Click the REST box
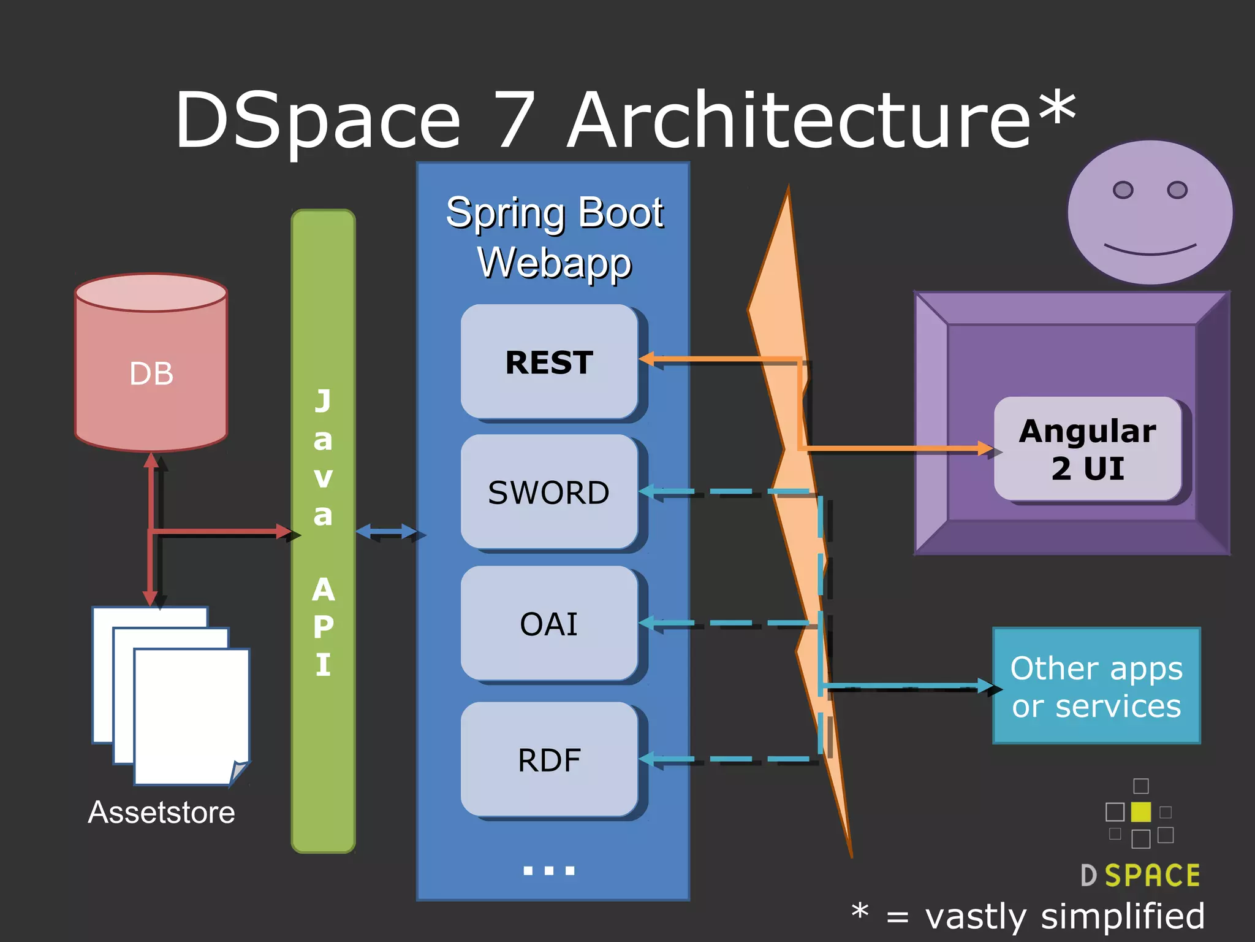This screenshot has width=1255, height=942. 549,362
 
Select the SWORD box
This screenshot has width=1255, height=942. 549,492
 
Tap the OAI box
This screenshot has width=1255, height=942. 549,624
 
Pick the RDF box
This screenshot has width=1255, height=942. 549,760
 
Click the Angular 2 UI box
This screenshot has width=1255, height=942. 1088,449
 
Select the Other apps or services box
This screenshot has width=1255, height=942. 1096,686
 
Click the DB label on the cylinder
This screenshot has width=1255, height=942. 151,373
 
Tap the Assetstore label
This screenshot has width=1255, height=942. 161,812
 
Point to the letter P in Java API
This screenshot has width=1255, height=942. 324,627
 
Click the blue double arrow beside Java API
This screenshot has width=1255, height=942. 386,532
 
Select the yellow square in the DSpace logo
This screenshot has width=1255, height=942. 1140,811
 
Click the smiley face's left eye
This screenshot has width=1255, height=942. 1123,190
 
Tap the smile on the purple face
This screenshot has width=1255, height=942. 1150,251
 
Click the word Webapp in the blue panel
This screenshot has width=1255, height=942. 554,262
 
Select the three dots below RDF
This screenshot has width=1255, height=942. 549,870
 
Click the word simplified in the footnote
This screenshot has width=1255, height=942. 1123,916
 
